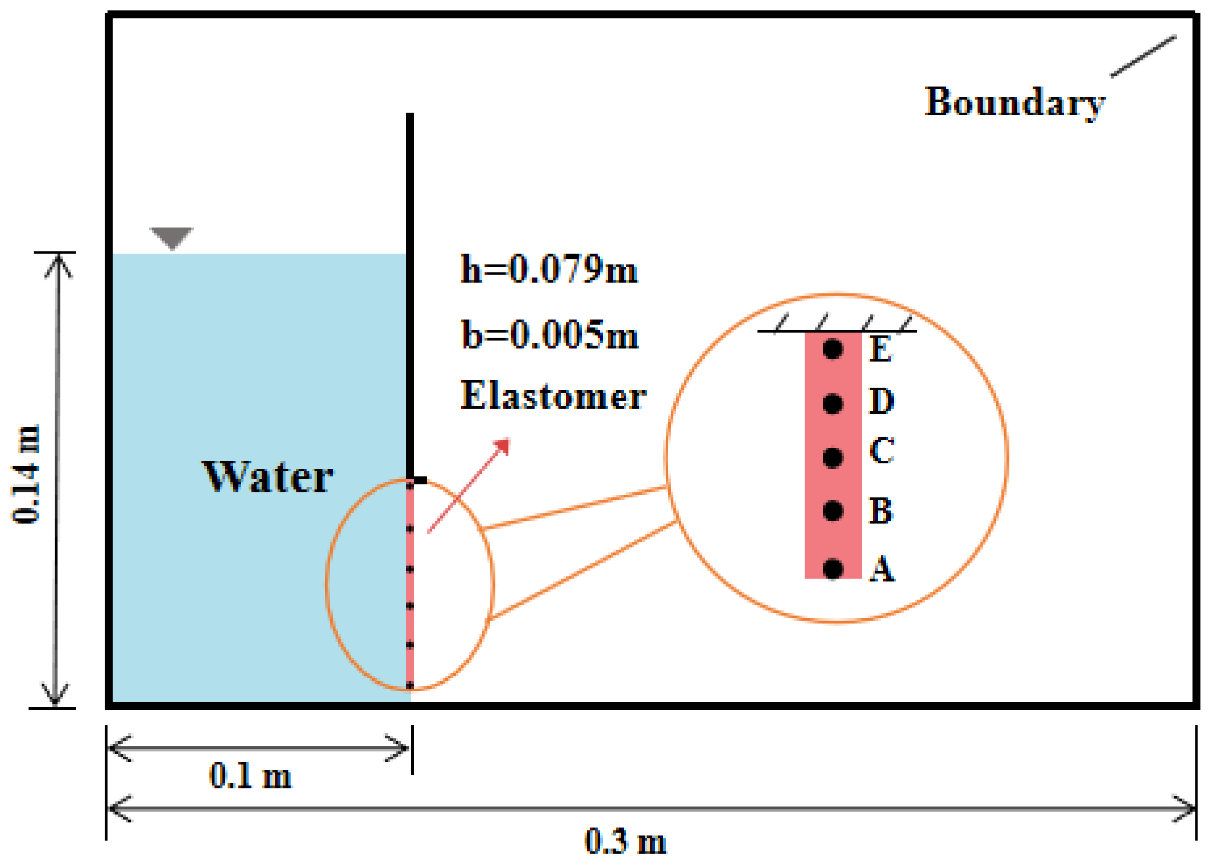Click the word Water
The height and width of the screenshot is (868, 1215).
click(268, 477)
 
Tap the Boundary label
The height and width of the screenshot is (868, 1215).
click(1014, 102)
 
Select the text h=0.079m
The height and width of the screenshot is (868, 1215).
click(549, 269)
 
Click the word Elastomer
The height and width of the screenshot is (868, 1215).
click(553, 395)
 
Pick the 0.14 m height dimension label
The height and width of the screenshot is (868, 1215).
click(27, 474)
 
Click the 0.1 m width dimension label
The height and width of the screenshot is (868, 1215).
click(250, 776)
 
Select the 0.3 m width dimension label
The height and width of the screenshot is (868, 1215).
click(625, 841)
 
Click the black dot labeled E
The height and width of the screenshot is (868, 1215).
click(832, 349)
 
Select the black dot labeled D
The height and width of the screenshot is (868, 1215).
click(832, 403)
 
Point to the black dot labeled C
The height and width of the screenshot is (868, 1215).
click(832, 457)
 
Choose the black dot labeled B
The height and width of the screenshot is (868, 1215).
click(832, 511)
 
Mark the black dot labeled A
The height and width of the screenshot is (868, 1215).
click(832, 569)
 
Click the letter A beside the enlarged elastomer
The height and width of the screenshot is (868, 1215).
click(882, 569)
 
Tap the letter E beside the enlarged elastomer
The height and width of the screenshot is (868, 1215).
click(881, 349)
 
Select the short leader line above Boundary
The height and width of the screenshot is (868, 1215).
click(1143, 56)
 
